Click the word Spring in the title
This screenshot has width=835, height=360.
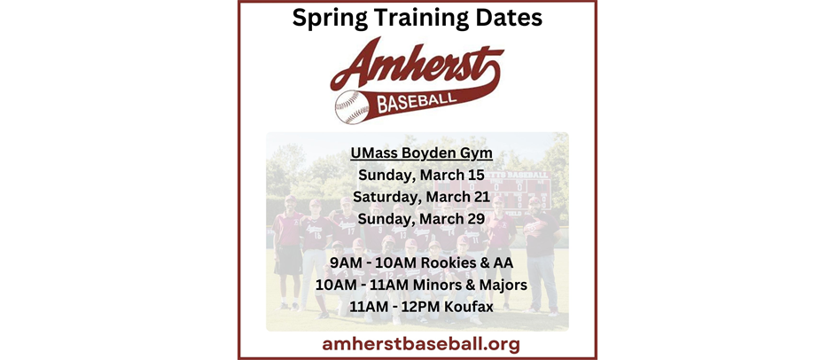[x=334, y=18]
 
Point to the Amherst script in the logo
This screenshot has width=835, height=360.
[x=417, y=65]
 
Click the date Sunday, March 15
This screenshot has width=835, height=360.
[x=417, y=176]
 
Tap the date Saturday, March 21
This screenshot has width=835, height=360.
[x=417, y=197]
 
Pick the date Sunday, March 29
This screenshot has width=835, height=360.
[x=417, y=218]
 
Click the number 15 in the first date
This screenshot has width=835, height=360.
[x=475, y=176]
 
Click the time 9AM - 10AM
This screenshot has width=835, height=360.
[x=371, y=263]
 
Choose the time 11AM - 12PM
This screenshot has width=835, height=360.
[x=386, y=308]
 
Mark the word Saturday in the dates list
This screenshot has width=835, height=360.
[x=386, y=197]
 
